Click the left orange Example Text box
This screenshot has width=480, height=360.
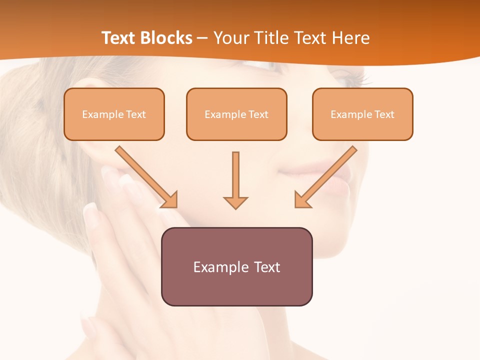coord(114,114)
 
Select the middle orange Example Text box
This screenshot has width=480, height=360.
coord(236,114)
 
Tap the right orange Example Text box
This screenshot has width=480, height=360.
coord(362,114)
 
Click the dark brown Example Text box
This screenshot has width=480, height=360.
coord(236,266)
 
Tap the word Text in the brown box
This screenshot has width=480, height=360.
coord(266,267)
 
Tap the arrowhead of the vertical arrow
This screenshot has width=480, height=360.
coord(235,202)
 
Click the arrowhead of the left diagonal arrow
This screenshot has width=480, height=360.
coord(170,200)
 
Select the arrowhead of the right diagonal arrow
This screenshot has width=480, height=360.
coord(302,200)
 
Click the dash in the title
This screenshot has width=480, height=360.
coord(202,38)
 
